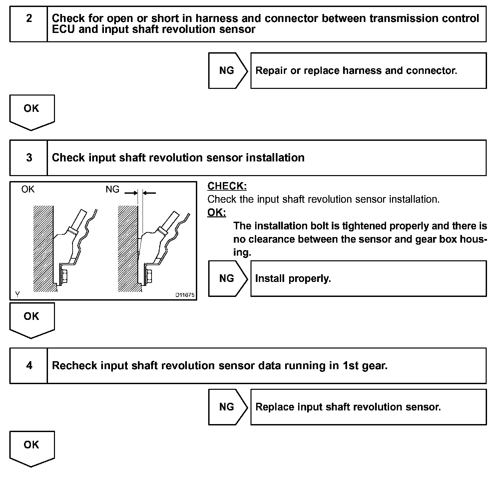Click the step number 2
(x=29, y=18)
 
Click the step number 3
(x=29, y=157)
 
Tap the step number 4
(x=29, y=365)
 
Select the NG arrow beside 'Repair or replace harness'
(x=227, y=71)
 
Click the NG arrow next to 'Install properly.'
(x=227, y=278)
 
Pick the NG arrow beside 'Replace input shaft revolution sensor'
(x=227, y=407)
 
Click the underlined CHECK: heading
(x=227, y=186)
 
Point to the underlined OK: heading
(x=217, y=212)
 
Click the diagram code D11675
(x=185, y=295)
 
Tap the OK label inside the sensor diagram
(x=28, y=189)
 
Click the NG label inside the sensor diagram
(x=112, y=189)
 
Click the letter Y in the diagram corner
(x=17, y=294)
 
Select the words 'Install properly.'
(x=293, y=278)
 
